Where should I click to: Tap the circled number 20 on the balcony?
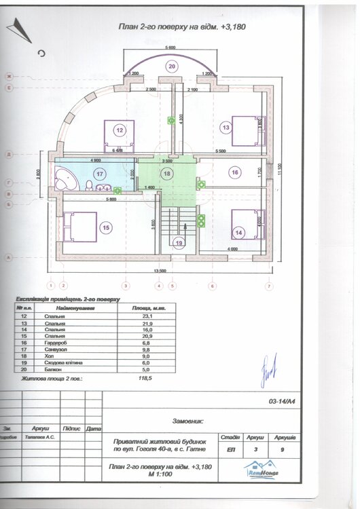tap(172, 66)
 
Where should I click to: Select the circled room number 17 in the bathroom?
tap(100, 174)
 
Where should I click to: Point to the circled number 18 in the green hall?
tap(167, 173)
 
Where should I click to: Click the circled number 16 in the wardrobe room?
tap(234, 172)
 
